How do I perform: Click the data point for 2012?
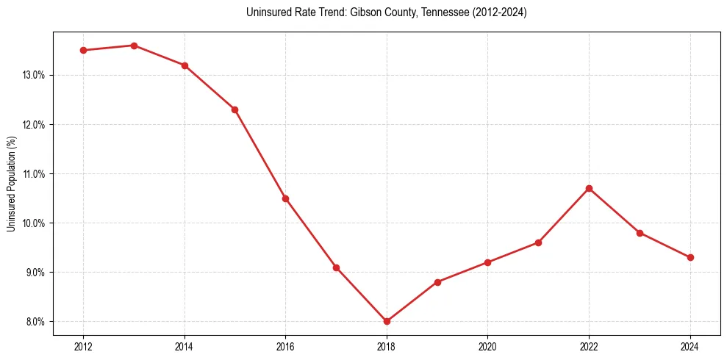coord(83,50)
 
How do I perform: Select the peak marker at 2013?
coord(134,46)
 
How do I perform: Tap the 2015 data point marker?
coord(234,109)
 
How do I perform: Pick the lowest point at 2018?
coord(387,321)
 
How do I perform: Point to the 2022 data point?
coord(589,188)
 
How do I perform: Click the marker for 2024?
coord(690,257)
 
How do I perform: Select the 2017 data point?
coord(336,267)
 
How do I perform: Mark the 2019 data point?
coord(437,282)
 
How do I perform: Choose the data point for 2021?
coord(538,242)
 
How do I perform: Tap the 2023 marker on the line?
coord(640,233)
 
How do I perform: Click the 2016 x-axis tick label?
coord(285,347)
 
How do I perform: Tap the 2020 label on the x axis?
coord(487,347)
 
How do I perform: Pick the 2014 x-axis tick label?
coord(185,347)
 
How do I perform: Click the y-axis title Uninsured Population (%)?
coord(11,184)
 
